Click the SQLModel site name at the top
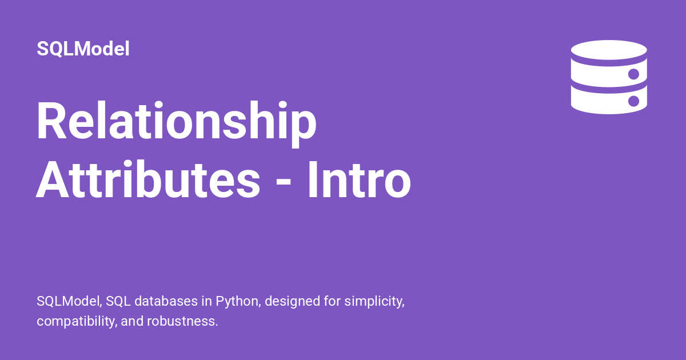tap(83, 49)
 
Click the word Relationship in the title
tap(176, 122)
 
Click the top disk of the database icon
tap(608, 50)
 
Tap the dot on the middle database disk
tap(633, 74)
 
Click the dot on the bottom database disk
tap(633, 101)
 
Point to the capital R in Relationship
tap(50, 122)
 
